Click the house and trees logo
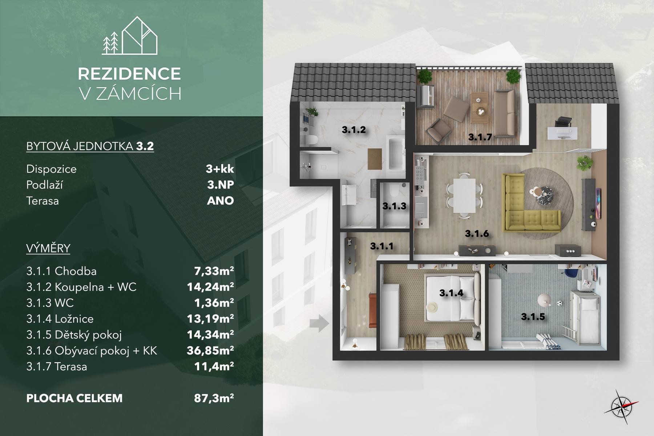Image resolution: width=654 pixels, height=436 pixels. tap(130, 36)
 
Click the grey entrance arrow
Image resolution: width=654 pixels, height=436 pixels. tap(319, 323)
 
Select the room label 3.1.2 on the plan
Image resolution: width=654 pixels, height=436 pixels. tap(354, 129)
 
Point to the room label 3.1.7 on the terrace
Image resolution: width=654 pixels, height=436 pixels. tap(480, 137)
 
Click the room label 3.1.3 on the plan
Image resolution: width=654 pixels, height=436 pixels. tap(394, 206)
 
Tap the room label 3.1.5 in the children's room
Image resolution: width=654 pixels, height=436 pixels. tap(533, 317)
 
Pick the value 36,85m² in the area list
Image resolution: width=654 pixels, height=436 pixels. tap(210, 350)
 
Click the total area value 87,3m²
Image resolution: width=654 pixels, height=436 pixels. tap(214, 398)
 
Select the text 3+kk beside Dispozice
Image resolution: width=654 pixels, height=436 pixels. tap(220, 169)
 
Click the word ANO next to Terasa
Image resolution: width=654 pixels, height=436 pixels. tap(220, 201)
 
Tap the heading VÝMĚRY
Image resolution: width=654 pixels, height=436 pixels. tap(48, 248)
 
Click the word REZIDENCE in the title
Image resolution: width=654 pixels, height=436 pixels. tap(129, 74)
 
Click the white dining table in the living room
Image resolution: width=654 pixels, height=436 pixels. tap(464, 196)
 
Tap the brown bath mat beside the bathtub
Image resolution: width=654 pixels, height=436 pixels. tap(375, 159)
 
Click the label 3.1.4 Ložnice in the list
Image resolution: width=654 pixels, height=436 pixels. tap(60, 319)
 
